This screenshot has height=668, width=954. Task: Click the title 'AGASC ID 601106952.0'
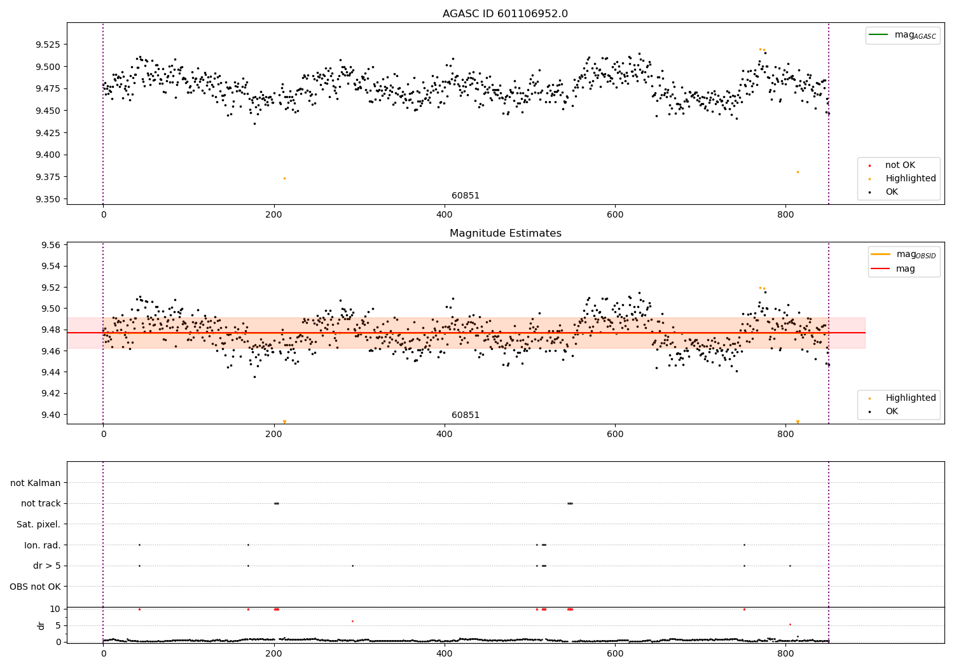tap(505, 14)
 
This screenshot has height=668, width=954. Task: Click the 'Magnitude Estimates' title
tap(505, 233)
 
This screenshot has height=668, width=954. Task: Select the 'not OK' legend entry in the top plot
tap(899, 165)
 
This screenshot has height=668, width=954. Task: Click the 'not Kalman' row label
tap(36, 483)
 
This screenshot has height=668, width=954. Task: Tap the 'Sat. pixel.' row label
tap(38, 524)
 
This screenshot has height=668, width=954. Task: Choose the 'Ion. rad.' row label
tap(42, 545)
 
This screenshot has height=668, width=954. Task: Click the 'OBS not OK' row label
tap(35, 587)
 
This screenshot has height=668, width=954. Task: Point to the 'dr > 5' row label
tap(46, 566)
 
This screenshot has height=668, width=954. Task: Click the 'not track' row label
tap(41, 504)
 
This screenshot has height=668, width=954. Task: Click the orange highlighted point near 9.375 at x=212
tap(284, 178)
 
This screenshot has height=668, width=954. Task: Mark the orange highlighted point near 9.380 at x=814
tap(798, 172)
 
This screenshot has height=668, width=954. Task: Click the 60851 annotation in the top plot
tap(466, 196)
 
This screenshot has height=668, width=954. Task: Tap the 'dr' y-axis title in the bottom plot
tap(41, 625)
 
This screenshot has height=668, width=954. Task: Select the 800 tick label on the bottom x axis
tap(785, 653)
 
